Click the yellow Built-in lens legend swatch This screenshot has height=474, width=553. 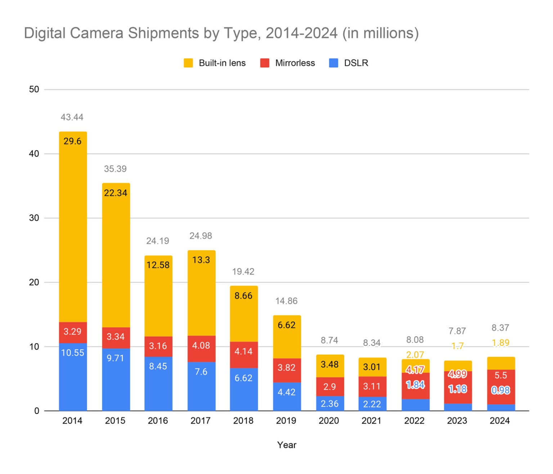point(188,63)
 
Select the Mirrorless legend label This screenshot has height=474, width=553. point(295,63)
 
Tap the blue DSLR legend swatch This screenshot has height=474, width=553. point(334,63)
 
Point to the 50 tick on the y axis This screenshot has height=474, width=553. point(34,89)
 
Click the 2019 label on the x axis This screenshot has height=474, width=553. point(286,420)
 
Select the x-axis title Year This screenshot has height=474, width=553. point(287,445)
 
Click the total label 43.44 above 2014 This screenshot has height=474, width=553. point(72,117)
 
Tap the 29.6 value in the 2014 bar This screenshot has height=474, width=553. point(72,141)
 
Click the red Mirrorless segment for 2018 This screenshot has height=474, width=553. point(244,355)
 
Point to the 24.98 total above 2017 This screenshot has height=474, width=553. point(201,236)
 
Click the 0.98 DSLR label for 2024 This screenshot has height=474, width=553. point(500,390)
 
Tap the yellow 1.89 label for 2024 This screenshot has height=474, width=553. point(500,343)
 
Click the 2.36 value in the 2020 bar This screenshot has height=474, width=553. point(329,404)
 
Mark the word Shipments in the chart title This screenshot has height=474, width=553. point(163,33)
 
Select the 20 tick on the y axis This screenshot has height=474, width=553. point(34,282)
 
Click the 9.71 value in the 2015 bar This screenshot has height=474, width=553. point(115,358)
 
